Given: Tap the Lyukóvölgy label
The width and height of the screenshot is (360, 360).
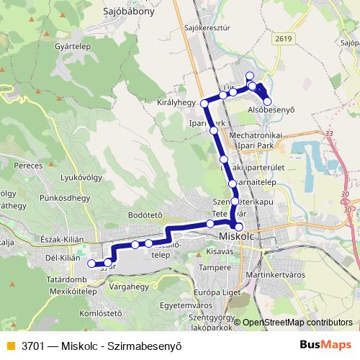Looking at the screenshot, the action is [79, 177].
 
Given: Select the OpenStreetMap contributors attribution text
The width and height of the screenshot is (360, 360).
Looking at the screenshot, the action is [297, 323].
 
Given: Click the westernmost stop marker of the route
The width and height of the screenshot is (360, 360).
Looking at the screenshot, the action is [91, 264].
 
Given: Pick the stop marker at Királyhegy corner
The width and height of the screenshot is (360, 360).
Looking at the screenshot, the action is [204, 104].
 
